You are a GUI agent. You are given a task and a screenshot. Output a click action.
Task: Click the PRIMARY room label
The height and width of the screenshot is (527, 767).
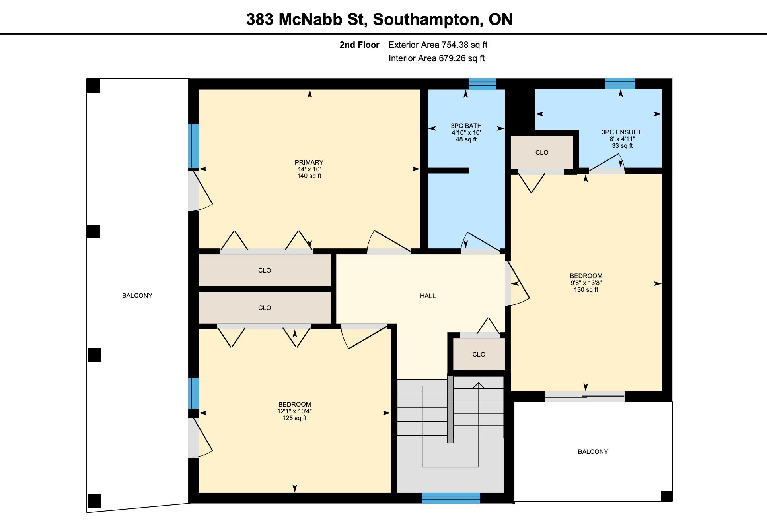[309, 162]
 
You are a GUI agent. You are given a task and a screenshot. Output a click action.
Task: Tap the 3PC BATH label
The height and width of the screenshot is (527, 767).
[466, 126]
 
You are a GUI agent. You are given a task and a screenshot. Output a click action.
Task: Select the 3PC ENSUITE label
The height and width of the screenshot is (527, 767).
[622, 132]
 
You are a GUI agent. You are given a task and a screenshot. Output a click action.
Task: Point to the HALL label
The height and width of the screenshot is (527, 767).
[428, 296]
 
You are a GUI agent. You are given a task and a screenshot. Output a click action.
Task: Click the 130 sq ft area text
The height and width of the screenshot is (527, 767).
[586, 290]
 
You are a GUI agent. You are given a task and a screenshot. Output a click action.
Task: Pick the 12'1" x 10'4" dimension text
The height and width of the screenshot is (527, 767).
[294, 411]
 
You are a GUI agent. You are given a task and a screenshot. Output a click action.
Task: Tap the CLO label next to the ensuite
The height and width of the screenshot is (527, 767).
[542, 152]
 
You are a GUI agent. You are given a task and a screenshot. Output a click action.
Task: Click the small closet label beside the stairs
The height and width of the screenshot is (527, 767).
[479, 354]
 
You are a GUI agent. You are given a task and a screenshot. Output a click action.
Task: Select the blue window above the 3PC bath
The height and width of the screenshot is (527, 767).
[483, 84]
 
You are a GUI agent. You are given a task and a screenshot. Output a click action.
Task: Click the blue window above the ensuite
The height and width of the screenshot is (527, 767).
[620, 84]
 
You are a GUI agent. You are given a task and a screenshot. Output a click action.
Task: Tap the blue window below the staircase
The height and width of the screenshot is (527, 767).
[451, 498]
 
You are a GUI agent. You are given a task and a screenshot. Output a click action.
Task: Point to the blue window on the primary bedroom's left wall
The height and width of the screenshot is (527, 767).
[193, 146]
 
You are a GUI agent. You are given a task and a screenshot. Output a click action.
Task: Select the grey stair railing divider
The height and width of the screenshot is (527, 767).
[450, 409]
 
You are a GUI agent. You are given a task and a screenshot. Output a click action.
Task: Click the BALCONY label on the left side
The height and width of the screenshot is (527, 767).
[137, 295]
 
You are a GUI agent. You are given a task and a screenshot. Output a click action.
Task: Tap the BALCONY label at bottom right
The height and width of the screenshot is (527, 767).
[593, 451]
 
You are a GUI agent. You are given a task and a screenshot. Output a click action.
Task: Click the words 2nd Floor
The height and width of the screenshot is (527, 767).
[359, 45]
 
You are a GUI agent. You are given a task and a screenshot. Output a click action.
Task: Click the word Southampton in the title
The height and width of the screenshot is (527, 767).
[426, 19]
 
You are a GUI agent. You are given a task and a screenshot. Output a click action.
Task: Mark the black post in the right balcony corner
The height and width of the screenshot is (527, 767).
[666, 496]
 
